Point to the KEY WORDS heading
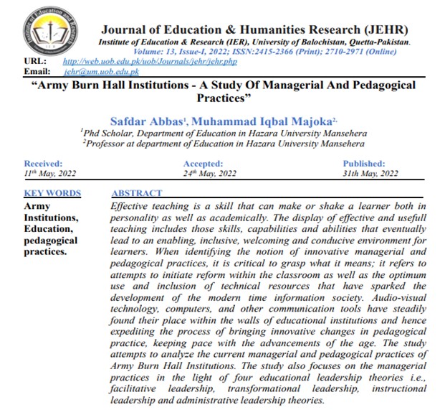[52, 193]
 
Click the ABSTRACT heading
[137, 193]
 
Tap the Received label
[44, 164]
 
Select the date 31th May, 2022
[371, 174]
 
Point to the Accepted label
[205, 164]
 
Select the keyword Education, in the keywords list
[51, 229]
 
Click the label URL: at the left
[34, 62]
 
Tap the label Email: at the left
[37, 73]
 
